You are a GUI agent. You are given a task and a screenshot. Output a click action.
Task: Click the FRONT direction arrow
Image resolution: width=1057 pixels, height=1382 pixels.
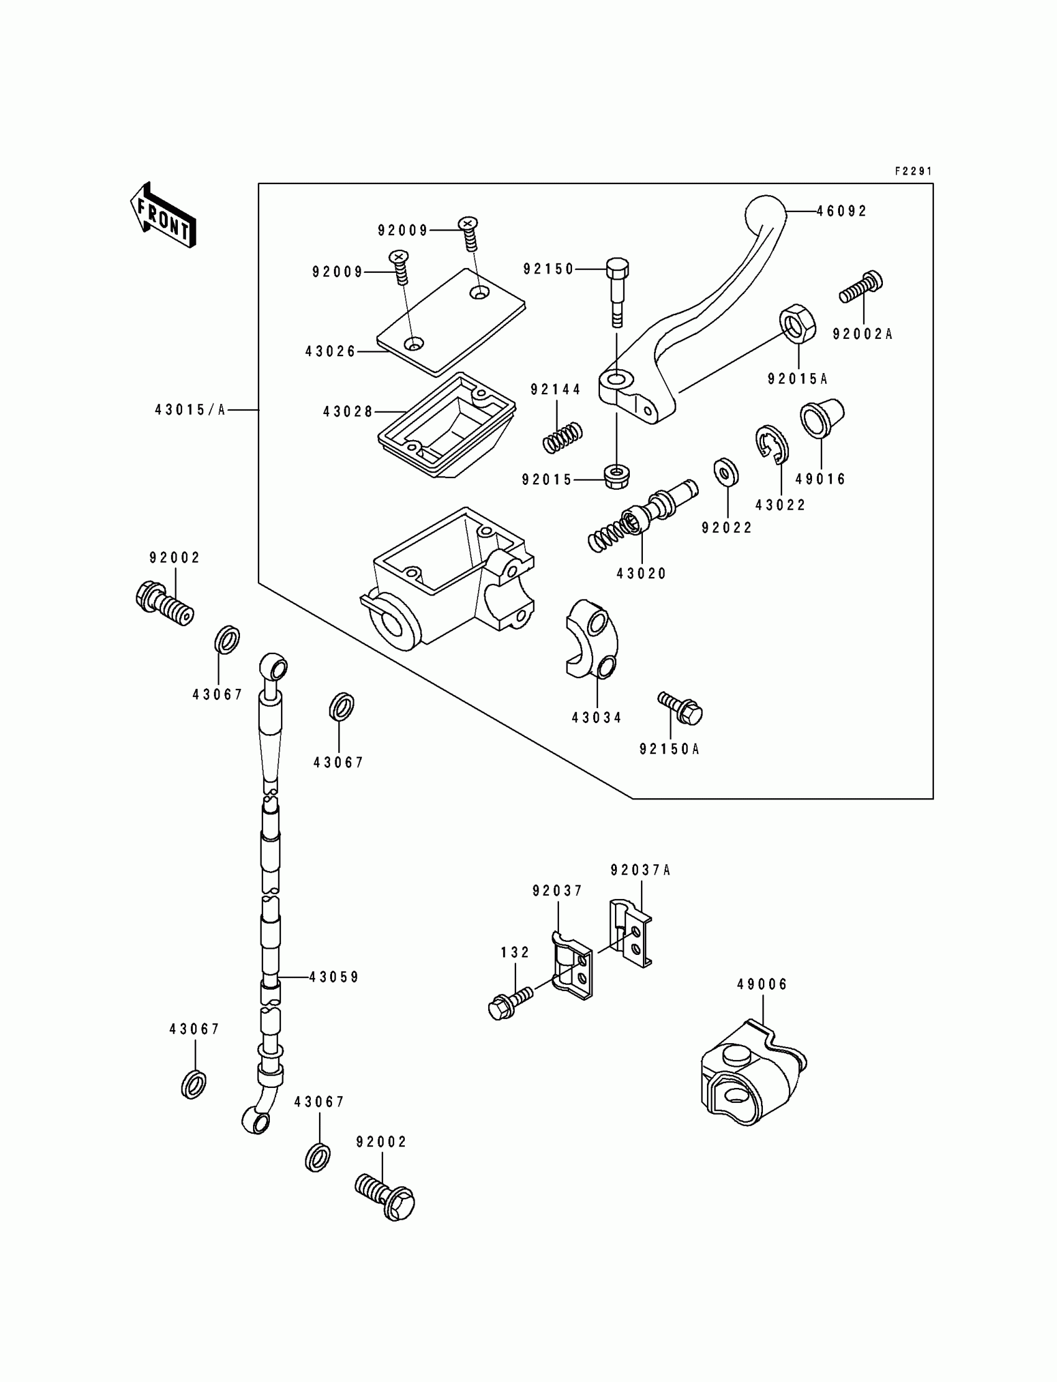pos(163,214)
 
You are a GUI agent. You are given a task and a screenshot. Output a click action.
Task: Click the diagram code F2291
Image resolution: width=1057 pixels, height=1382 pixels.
pos(913,171)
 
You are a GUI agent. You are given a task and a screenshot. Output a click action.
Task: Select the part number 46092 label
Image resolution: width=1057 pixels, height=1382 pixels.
pos(842,211)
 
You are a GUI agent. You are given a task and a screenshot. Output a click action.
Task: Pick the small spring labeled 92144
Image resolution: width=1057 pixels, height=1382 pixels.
pos(563,437)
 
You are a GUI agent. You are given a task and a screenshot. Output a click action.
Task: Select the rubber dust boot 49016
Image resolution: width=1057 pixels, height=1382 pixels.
pos(822,417)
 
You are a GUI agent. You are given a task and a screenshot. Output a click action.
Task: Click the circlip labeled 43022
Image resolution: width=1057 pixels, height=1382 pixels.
pos(771,446)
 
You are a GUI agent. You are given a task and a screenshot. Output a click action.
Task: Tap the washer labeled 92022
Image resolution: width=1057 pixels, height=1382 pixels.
pos(726,472)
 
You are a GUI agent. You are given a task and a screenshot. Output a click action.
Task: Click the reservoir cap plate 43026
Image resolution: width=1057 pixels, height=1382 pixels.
pos(451,321)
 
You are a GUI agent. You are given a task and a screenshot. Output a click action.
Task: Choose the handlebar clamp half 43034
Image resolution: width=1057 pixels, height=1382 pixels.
pos(592,638)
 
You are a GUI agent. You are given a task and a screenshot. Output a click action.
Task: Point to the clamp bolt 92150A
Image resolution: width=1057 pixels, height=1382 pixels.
pos(680,709)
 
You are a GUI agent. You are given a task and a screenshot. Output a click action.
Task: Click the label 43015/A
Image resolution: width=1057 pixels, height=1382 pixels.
pos(190,410)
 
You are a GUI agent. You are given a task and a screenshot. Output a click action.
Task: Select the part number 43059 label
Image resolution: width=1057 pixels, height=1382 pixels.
pos(333,977)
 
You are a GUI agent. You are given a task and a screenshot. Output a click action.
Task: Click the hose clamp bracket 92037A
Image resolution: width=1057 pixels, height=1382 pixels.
pos(630,933)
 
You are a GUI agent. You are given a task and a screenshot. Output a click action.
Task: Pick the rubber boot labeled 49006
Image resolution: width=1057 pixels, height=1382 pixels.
pos(753,1074)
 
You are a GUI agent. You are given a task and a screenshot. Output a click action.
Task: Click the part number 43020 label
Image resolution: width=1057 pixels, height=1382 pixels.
pos(641,574)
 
